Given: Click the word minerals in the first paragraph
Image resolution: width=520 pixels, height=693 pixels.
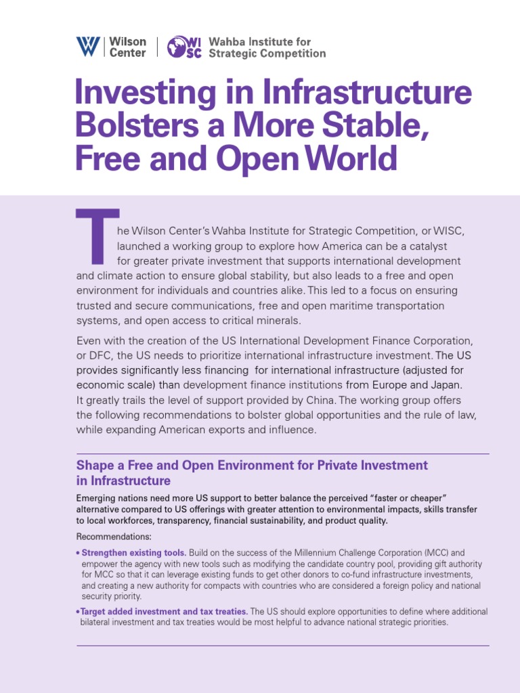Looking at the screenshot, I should tap(276, 320).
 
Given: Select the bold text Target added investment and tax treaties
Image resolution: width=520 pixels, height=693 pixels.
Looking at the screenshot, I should tap(164, 611).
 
